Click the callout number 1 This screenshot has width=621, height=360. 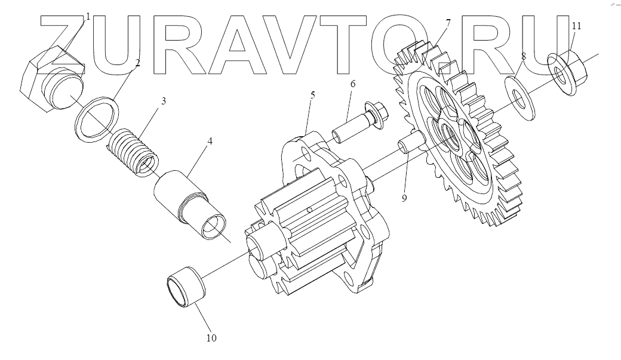88,16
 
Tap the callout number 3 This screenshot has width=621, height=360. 164,101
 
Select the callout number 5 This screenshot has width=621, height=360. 312,95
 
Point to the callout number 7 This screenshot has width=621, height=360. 448,23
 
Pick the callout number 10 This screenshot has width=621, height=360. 211,339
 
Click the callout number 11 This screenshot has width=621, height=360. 576,26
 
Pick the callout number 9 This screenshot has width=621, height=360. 404,198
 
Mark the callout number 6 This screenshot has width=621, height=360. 352,84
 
